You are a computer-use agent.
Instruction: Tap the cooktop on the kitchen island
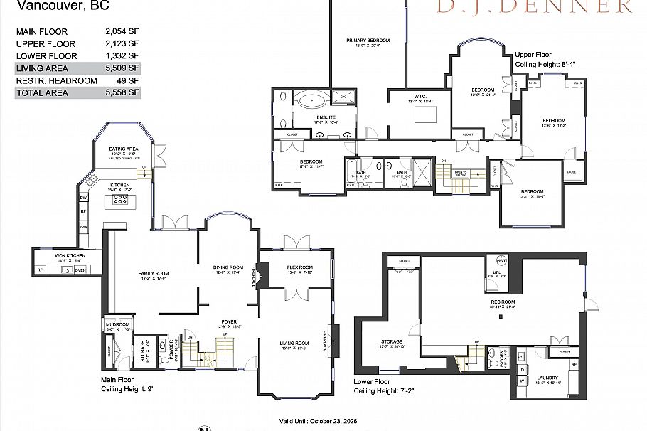pos(119,201)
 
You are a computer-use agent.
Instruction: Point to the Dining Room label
pos(228,267)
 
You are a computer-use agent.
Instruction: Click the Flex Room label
pos(300,267)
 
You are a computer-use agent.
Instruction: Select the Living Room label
pos(294,344)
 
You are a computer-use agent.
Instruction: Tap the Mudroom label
pos(118,324)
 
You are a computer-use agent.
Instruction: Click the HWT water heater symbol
pos(501,260)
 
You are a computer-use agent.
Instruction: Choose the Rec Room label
pos(502,302)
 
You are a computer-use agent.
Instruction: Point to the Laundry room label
pos(547,378)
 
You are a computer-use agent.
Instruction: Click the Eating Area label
pos(123,149)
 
